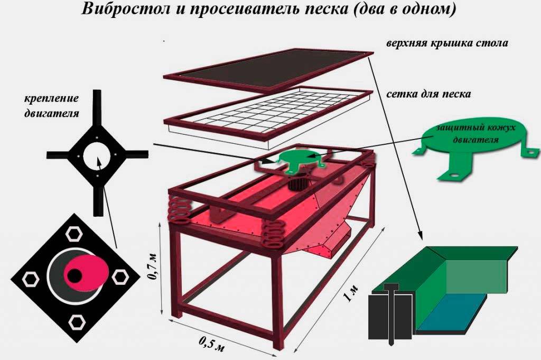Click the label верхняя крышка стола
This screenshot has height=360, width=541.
click(447, 43)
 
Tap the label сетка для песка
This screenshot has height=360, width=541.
click(428, 94)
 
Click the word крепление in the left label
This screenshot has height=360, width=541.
click(51, 98)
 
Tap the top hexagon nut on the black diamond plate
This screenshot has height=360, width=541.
click(74, 234)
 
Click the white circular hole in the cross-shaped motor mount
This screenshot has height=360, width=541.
click(98, 155)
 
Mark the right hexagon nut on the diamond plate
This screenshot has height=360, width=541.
click(120, 277)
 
